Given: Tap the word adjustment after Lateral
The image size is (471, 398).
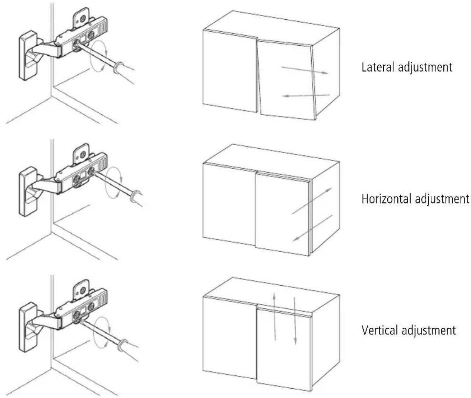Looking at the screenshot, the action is tap(425, 68).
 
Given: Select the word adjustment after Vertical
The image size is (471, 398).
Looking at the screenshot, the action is tap(429, 331).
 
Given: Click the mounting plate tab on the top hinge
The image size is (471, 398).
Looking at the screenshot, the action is tap(81, 18).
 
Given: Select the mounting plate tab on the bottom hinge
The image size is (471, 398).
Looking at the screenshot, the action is tap(81, 290).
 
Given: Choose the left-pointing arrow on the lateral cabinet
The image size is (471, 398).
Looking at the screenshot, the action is tap(306, 95).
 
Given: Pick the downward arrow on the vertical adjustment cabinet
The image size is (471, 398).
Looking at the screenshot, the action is tap(295, 320).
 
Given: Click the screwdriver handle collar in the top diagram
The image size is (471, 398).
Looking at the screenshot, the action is tap(118, 67).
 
